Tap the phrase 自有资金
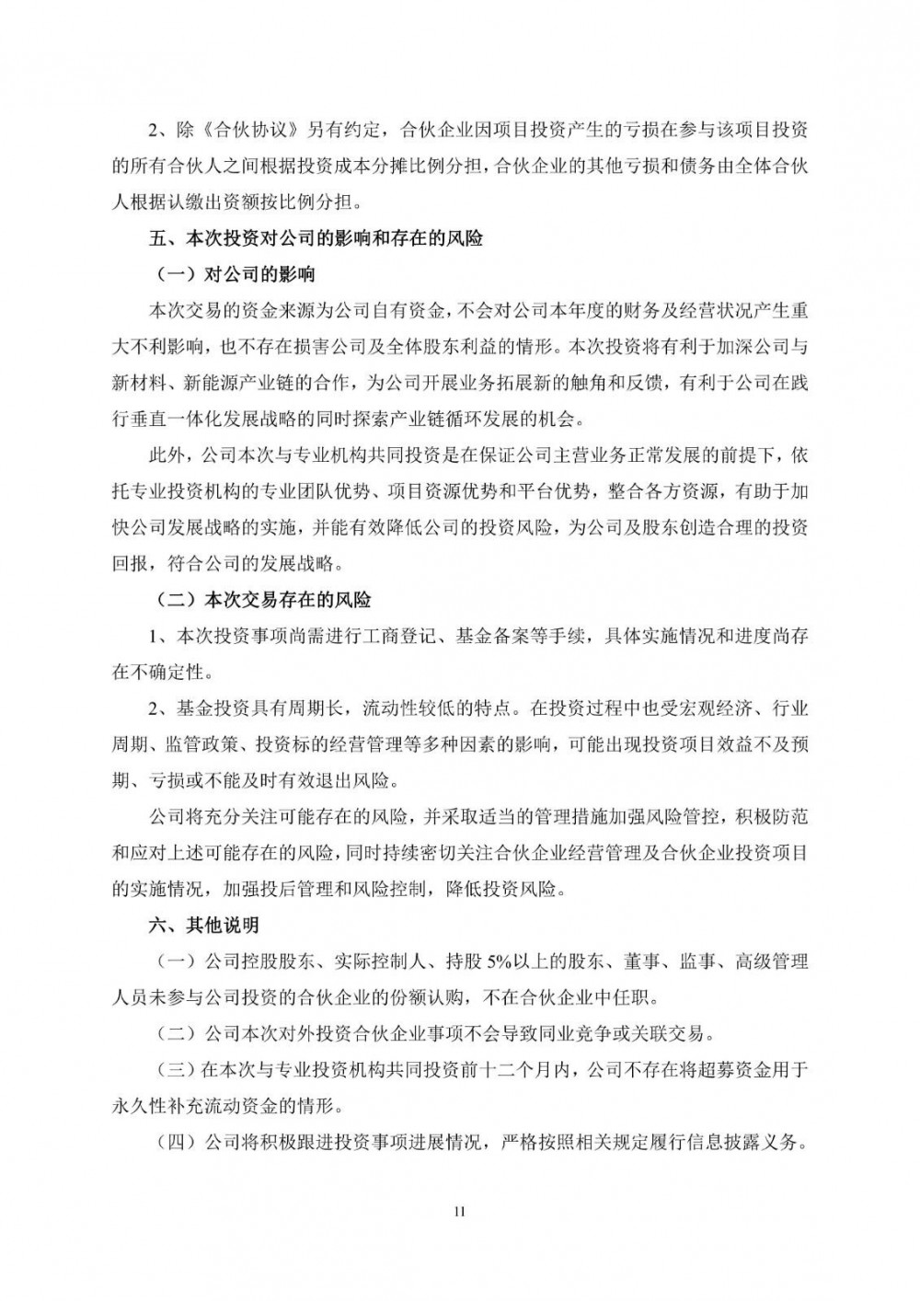(x=408, y=311)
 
